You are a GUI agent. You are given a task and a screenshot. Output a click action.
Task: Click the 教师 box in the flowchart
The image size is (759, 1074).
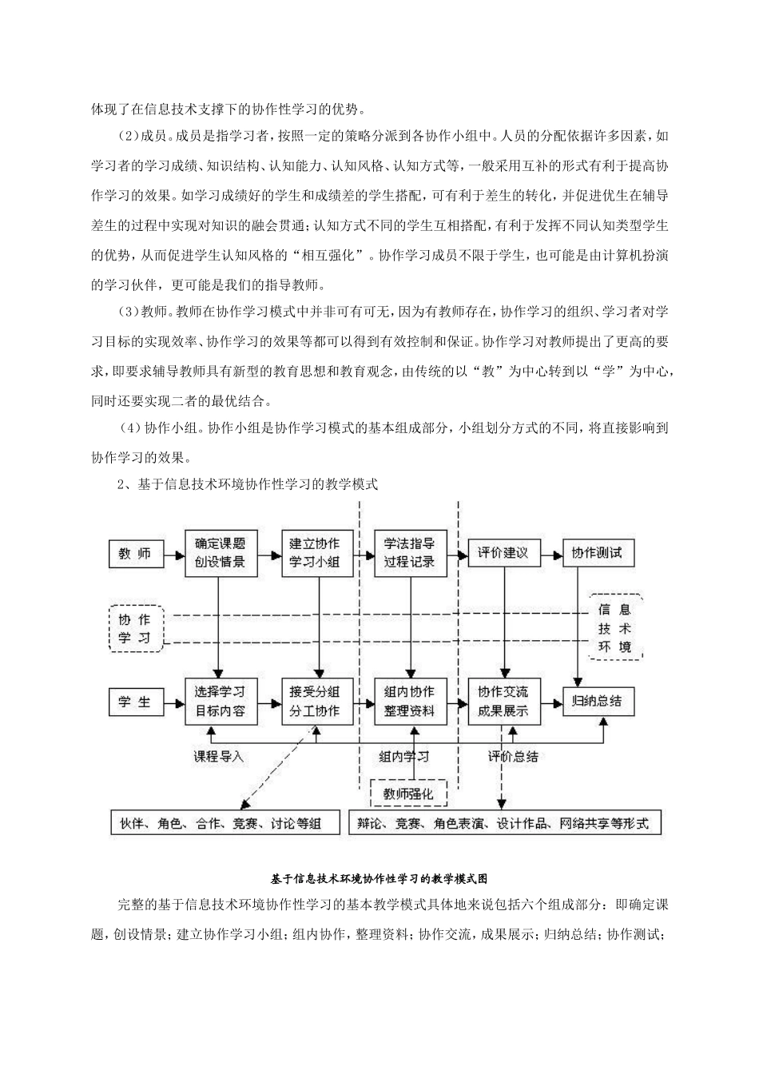(x=135, y=553)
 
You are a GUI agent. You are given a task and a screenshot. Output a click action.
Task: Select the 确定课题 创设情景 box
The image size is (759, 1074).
(x=220, y=552)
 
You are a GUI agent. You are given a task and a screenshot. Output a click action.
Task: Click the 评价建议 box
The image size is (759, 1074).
(x=503, y=553)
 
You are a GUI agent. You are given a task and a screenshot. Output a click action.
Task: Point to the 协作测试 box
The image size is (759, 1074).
(x=596, y=553)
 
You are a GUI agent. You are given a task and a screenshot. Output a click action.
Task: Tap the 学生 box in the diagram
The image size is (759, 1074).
(x=135, y=702)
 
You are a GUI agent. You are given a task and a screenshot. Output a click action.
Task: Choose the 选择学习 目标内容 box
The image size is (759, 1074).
(x=220, y=702)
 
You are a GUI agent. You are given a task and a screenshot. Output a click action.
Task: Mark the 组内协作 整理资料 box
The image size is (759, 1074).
(x=409, y=702)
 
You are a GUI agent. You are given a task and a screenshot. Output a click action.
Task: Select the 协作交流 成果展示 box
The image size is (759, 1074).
(x=503, y=702)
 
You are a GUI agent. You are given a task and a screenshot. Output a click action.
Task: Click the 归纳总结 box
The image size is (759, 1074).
(x=596, y=702)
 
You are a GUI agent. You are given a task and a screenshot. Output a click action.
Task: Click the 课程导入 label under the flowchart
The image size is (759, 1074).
(x=218, y=756)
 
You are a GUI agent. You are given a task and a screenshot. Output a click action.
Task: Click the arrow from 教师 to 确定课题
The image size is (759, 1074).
(x=173, y=552)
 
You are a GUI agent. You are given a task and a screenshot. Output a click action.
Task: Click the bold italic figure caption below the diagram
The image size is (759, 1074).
(x=379, y=878)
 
